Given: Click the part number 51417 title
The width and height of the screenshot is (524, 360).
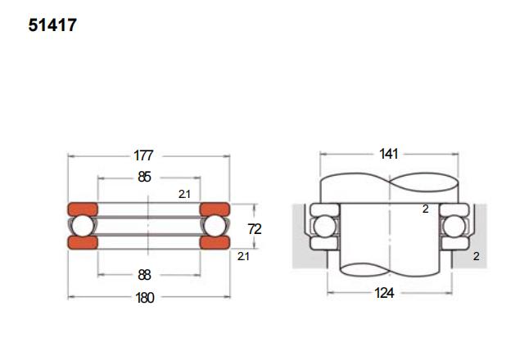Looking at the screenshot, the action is click(x=52, y=25).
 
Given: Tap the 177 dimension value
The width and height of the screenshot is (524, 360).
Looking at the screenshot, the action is click(x=143, y=155).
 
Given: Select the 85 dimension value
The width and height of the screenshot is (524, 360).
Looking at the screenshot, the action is click(x=144, y=177).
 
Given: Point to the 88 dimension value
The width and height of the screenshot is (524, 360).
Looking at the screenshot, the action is click(x=144, y=275).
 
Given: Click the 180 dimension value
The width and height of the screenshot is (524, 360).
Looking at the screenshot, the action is click(x=145, y=298).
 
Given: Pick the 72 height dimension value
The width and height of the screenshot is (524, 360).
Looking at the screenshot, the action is click(x=255, y=229).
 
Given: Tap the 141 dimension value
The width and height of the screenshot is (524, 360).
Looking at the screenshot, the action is click(x=388, y=154).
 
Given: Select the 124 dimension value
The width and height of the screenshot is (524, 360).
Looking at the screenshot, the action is click(x=384, y=293).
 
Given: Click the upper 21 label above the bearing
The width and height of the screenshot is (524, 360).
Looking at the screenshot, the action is click(x=184, y=194).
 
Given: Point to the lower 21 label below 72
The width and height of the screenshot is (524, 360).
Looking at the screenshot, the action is click(x=243, y=256).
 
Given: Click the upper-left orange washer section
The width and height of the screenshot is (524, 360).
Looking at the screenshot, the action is click(x=83, y=209).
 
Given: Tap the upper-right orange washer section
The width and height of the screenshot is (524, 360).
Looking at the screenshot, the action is click(x=215, y=209).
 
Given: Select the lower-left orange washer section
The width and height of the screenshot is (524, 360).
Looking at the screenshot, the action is click(x=83, y=242).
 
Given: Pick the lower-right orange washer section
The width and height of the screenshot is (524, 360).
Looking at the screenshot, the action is click(x=215, y=242).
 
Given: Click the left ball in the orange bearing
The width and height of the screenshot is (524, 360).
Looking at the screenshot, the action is click(x=83, y=226).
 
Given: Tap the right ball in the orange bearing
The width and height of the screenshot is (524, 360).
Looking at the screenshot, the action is click(x=215, y=226).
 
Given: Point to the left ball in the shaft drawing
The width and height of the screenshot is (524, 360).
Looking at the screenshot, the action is click(x=324, y=227).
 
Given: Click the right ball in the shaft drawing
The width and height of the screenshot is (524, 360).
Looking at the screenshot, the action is click(x=454, y=227).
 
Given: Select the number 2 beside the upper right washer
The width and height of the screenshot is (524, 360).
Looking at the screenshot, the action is click(x=426, y=209).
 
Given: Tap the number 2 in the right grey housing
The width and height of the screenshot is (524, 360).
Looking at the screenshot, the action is click(x=477, y=256).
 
